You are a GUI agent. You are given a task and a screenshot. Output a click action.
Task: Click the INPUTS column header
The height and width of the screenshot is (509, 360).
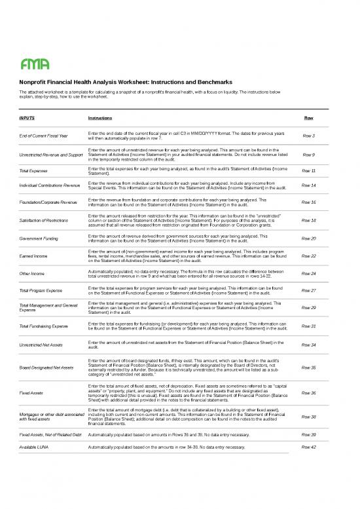[27, 118]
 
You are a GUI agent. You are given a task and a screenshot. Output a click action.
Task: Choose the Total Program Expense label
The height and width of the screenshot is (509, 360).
[41, 290]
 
